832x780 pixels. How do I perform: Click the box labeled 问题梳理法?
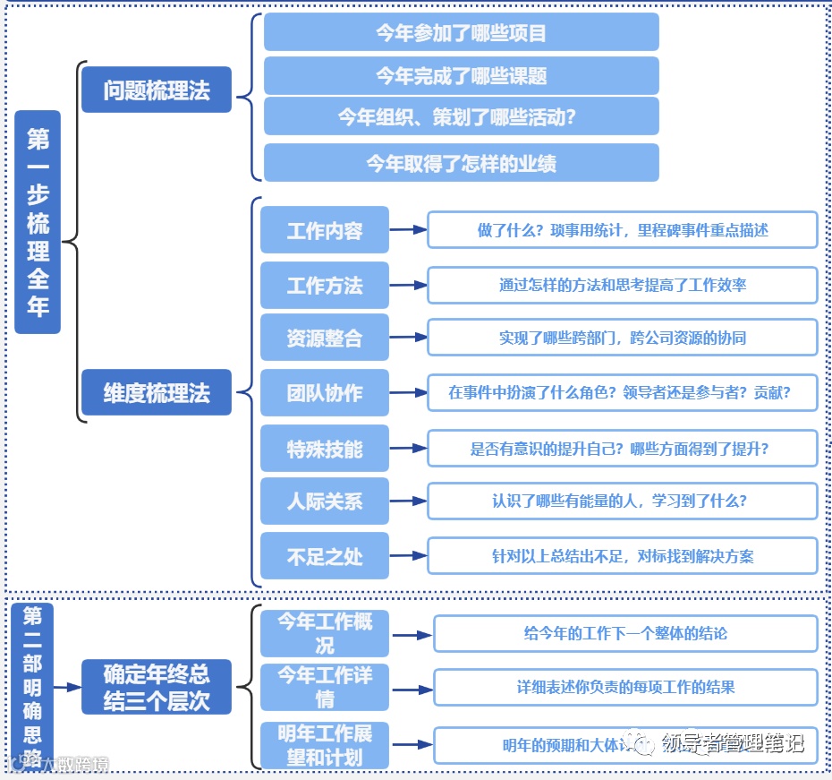pos(157,90)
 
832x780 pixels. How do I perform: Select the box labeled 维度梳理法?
pos(157,392)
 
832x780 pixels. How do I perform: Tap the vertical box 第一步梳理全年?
pos(38,222)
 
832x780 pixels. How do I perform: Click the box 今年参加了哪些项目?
pos(461,33)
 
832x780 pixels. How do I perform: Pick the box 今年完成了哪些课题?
pos(461,76)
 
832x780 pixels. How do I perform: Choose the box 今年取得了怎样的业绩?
pos(461,163)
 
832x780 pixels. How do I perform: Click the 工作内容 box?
pos(325,230)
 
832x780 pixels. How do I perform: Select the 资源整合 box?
pos(325,338)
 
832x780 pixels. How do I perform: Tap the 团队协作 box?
pos(325,392)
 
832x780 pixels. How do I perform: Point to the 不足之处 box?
pos(325,556)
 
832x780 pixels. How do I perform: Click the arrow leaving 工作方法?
pos(408,286)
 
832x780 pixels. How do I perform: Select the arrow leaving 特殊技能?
pos(408,447)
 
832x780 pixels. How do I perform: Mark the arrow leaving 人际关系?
pos(408,501)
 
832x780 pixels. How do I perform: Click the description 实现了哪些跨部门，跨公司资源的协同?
pos(623,338)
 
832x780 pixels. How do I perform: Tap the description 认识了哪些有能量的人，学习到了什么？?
pos(623,501)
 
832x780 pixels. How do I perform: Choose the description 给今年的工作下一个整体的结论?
pos(625,633)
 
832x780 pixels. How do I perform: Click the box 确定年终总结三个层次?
pos(157,687)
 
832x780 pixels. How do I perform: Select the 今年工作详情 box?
pos(325,686)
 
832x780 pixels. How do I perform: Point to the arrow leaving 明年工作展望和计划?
pos(412,744)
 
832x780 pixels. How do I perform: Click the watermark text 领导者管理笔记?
pos(732,743)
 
